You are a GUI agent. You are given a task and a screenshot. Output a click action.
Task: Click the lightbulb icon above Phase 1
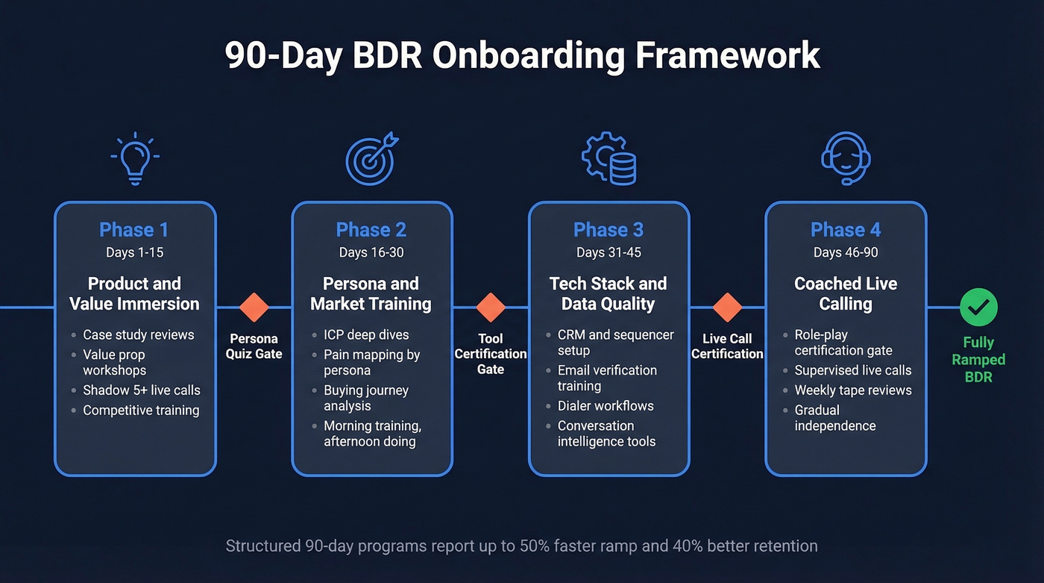point(135,158)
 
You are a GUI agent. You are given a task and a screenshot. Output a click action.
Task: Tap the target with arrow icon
point(371,158)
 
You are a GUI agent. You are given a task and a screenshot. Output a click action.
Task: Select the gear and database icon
point(609,158)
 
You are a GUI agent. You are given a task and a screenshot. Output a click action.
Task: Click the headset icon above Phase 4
point(846,158)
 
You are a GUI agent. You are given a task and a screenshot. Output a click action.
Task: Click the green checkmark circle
point(978,307)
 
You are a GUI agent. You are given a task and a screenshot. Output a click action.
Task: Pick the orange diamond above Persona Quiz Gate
point(254,307)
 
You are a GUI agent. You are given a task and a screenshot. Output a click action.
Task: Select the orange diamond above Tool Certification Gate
point(491,307)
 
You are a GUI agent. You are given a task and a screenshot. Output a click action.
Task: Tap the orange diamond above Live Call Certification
point(727,307)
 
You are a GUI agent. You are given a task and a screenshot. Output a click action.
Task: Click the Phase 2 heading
point(371,230)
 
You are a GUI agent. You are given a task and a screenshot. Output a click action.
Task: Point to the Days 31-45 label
point(609,252)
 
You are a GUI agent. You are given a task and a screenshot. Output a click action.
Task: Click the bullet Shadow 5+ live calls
point(141,390)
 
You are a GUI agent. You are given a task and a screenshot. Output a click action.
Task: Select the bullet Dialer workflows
point(605,405)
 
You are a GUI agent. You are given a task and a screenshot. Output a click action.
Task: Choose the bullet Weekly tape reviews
point(852,390)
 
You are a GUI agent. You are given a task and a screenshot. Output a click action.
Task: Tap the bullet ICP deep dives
point(366,334)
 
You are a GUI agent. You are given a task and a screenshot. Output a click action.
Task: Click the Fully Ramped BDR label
point(978,359)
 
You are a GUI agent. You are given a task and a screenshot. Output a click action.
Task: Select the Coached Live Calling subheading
point(846,293)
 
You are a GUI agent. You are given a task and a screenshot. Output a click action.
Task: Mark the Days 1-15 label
point(134,252)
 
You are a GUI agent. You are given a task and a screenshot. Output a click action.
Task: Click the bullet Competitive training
point(141,410)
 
